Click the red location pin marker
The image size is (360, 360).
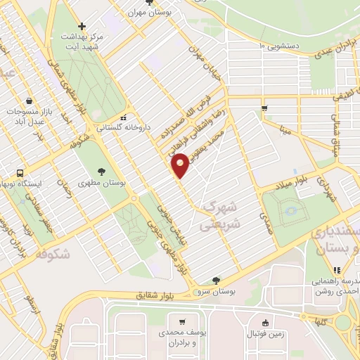[x=181, y=165]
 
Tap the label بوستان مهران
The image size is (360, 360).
[x=153, y=13]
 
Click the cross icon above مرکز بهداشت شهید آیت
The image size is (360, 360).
[x=82, y=27]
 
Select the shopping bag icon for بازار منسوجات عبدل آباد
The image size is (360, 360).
[x=29, y=101]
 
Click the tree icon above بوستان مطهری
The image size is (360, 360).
[x=103, y=171]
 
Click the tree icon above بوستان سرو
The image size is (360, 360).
[x=216, y=279]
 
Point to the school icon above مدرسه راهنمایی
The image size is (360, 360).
[x=337, y=269]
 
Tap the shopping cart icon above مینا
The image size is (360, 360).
[x=264, y=108]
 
